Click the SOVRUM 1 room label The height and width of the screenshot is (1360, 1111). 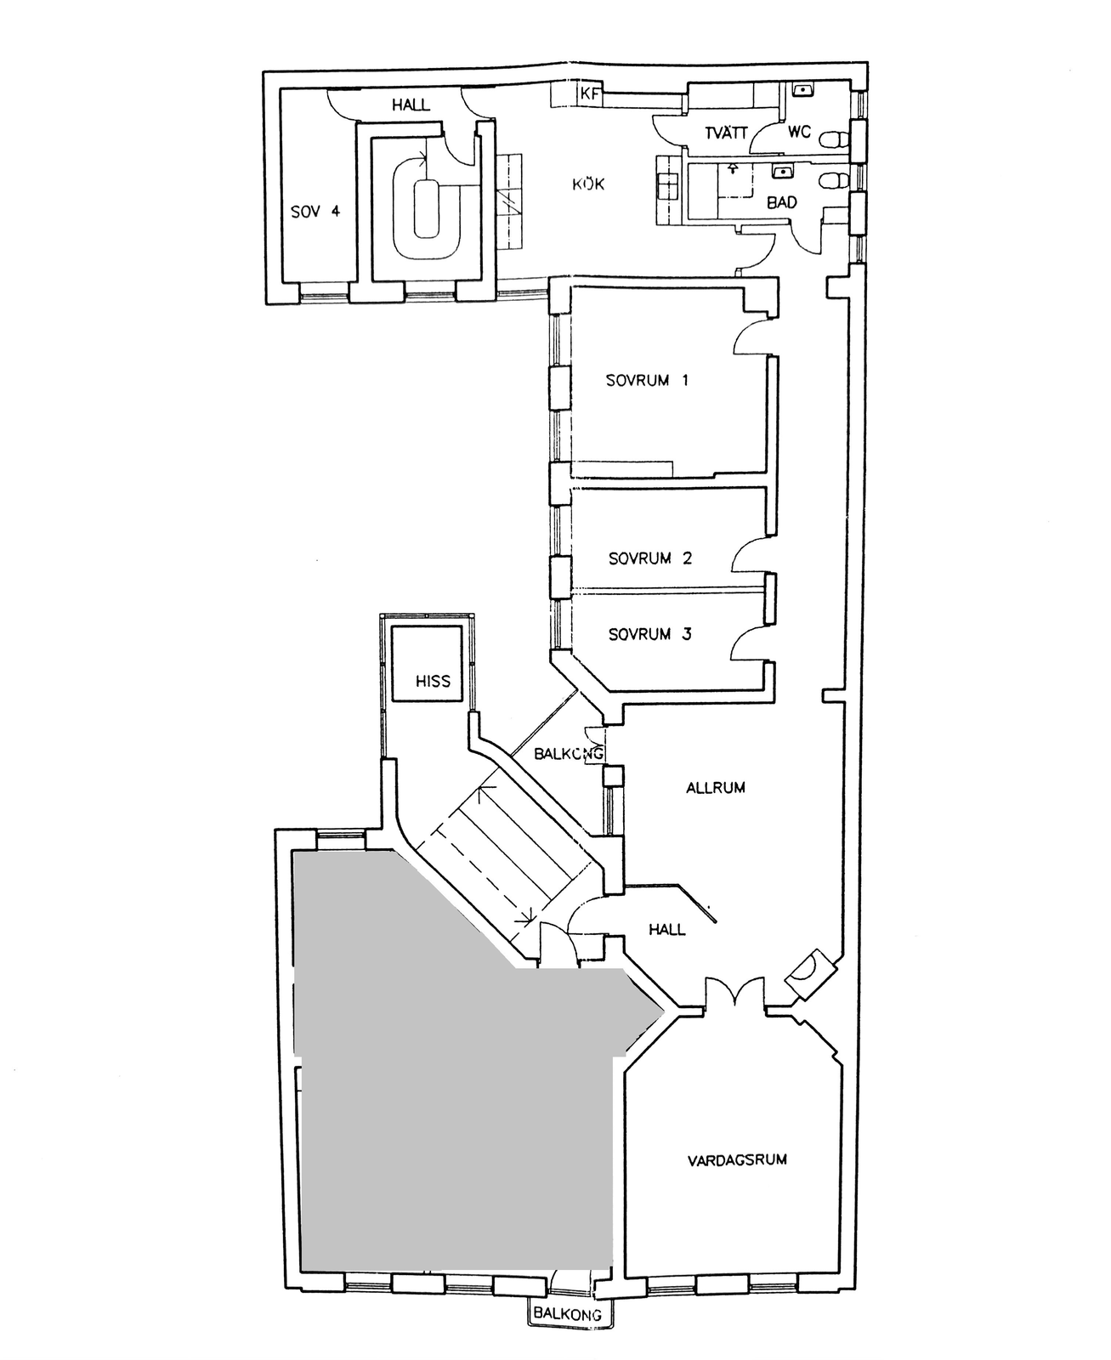[x=647, y=381]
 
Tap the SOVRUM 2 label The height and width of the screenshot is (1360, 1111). [x=650, y=558]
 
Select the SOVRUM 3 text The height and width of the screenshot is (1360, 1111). [x=650, y=635]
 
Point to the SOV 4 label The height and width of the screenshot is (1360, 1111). [x=315, y=212]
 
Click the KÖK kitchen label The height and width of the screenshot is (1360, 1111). [x=589, y=184]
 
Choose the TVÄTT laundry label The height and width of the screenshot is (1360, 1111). [x=726, y=133]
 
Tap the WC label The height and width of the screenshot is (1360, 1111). [x=799, y=133]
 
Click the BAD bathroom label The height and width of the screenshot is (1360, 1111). [x=781, y=202]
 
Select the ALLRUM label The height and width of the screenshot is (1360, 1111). [x=716, y=787]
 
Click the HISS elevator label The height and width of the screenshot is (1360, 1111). [x=433, y=681]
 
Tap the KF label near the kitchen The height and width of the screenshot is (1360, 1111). [x=590, y=94]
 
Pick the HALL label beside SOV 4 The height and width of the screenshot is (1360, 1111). [x=411, y=105]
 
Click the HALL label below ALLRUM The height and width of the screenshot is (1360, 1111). [x=666, y=929]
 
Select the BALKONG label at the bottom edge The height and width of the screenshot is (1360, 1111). [x=568, y=1314]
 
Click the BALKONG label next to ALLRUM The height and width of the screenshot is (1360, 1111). [x=569, y=753]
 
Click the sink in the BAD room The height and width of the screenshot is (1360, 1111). [x=782, y=172]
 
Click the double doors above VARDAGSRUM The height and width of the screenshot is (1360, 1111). [x=734, y=993]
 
